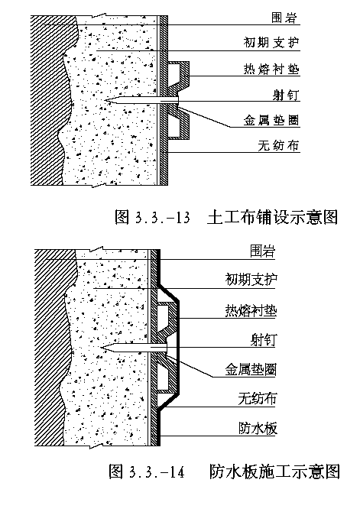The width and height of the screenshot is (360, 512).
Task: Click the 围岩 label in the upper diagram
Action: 284,18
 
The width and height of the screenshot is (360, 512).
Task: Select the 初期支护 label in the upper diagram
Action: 271,43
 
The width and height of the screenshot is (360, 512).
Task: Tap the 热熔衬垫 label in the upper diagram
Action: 271,70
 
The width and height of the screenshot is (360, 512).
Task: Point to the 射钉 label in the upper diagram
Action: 286,95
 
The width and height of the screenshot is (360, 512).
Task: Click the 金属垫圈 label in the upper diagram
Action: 271,120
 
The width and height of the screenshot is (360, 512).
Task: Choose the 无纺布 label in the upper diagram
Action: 278,145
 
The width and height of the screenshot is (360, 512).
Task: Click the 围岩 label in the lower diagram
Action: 263,251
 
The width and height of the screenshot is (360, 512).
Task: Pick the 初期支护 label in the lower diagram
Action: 251,280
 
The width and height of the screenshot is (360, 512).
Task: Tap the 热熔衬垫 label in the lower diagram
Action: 251,310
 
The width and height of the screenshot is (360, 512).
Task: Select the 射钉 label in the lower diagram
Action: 263,340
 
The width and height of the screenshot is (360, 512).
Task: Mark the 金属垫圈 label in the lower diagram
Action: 251,370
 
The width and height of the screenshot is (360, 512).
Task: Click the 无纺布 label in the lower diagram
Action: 258,399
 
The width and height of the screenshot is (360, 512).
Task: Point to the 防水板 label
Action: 258,429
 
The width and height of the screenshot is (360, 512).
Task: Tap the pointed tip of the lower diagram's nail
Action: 102,348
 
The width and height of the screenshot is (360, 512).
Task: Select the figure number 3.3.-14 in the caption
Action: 157,472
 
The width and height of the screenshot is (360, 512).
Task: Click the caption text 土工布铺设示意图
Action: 272,217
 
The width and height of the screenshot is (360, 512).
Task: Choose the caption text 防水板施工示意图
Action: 274,471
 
